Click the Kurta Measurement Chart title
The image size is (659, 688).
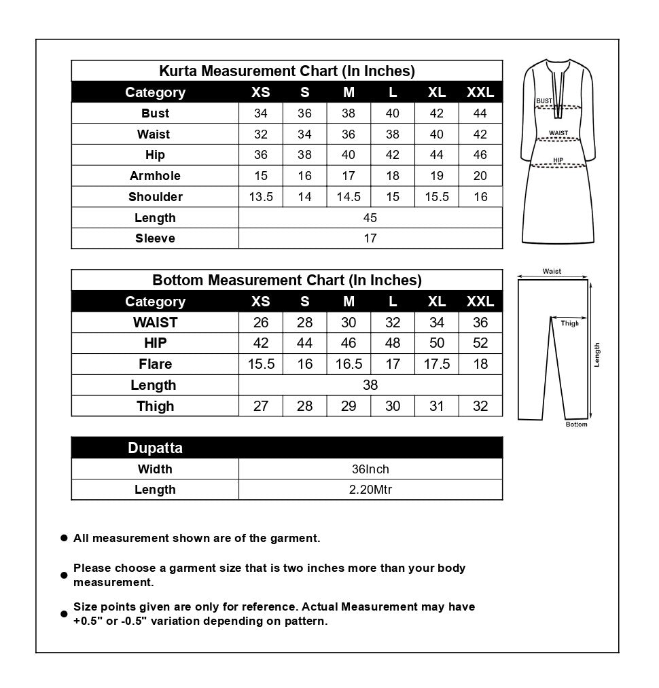[x=287, y=71]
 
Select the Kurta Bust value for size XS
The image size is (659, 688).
[x=261, y=113]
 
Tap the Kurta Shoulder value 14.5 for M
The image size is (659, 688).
[x=349, y=197]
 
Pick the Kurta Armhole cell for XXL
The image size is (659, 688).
[x=480, y=176]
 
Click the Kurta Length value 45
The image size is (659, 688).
[x=370, y=218]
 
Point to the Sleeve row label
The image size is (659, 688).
[x=155, y=238]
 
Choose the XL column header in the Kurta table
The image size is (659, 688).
[x=437, y=92]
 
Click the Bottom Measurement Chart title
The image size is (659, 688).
[x=287, y=280]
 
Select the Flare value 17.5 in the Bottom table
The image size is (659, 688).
[x=437, y=364]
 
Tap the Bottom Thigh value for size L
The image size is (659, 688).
[x=393, y=406]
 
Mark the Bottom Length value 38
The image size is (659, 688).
[x=370, y=385]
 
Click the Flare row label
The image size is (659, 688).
[x=155, y=364]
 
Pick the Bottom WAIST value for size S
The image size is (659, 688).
[x=305, y=323]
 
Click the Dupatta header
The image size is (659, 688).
[x=155, y=448]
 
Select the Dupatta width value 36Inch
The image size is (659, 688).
[x=370, y=469]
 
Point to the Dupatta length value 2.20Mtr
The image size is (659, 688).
[x=370, y=490]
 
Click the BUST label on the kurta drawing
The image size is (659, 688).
[x=544, y=101]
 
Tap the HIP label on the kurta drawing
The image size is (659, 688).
[x=558, y=161]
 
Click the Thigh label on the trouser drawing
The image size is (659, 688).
[x=570, y=323]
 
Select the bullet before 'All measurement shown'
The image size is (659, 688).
[x=64, y=538]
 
